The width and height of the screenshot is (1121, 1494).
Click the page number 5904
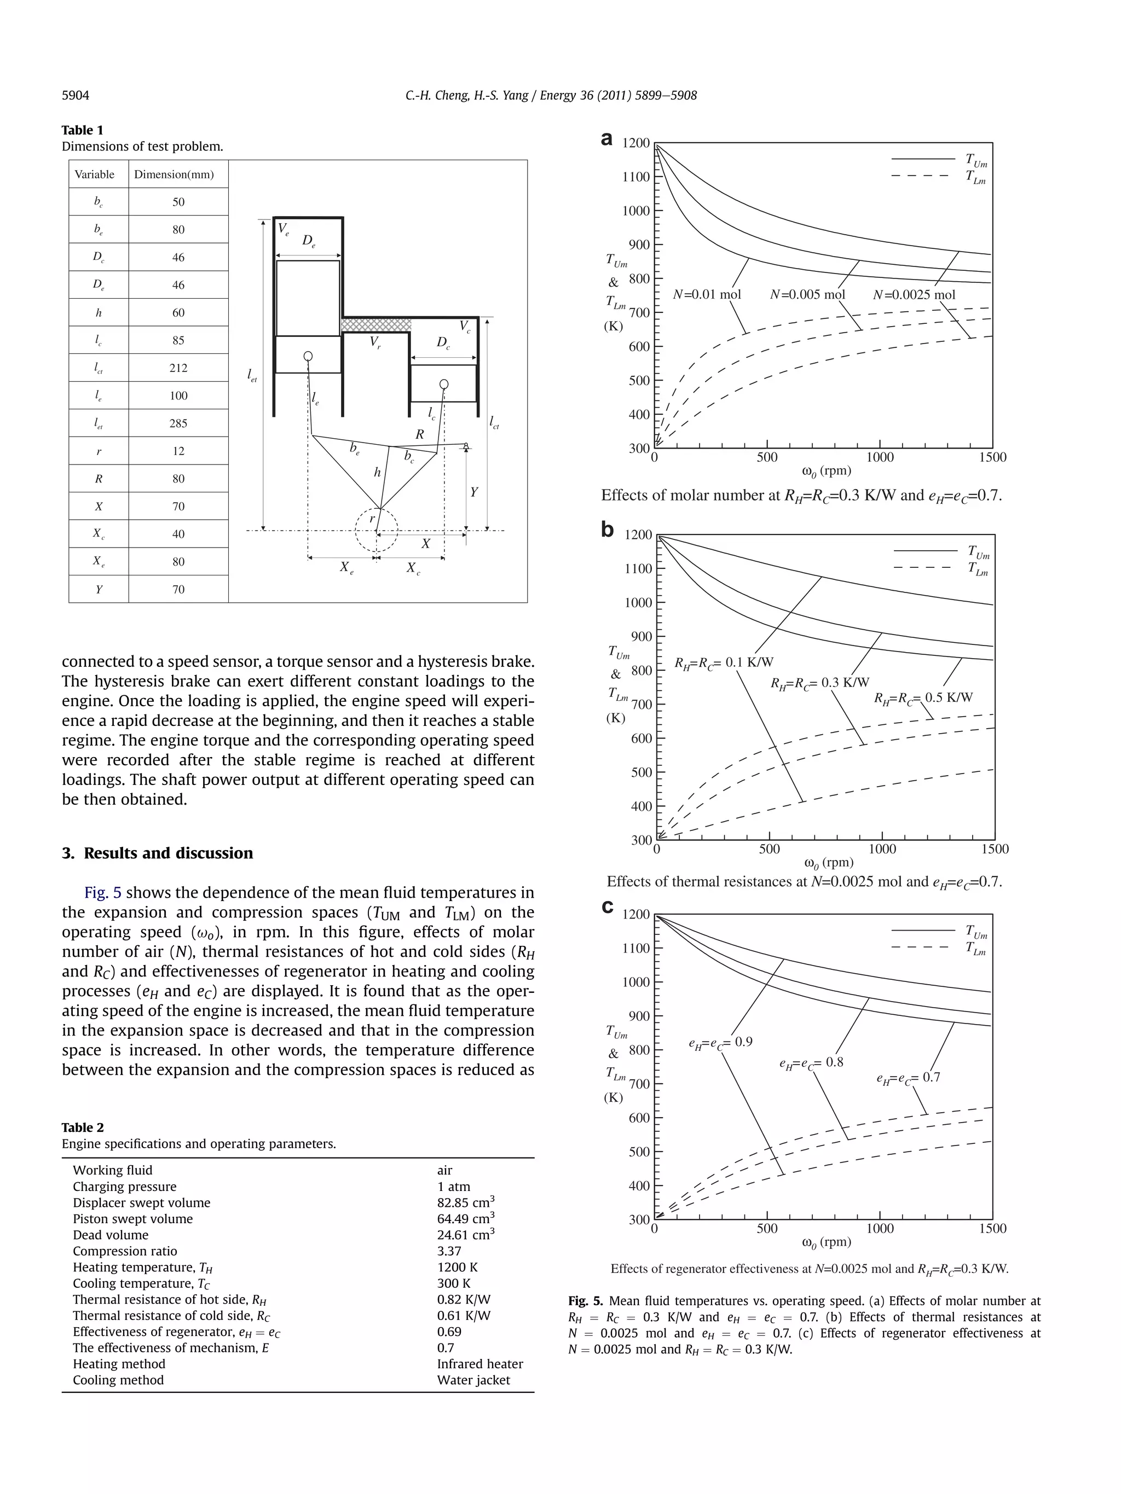[x=75, y=96]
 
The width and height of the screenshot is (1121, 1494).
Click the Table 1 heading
[x=83, y=130]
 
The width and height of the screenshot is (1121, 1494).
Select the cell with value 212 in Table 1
[x=178, y=368]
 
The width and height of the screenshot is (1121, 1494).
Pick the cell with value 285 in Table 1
[x=178, y=423]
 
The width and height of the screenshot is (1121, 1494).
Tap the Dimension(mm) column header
[x=174, y=175]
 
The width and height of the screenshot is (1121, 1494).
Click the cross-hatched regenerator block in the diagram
[x=375, y=325]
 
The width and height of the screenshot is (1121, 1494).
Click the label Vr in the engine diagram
[x=375, y=343]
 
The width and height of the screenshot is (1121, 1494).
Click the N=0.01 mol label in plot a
[x=707, y=294]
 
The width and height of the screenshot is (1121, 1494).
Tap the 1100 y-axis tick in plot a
[x=636, y=177]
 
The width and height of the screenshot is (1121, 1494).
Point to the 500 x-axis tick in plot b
[x=769, y=850]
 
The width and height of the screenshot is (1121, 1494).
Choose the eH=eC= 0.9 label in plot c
[x=720, y=1042]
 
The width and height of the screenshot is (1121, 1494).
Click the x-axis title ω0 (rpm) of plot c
[x=826, y=1242]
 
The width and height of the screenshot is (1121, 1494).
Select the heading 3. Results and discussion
[x=158, y=853]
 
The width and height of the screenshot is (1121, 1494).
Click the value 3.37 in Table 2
[x=449, y=1251]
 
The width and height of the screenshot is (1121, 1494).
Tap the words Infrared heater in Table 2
[x=479, y=1364]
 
